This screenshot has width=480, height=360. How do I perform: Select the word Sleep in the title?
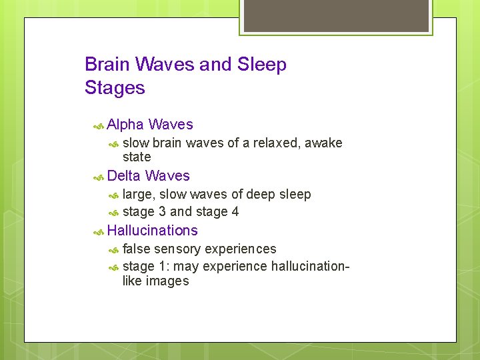coord(261,65)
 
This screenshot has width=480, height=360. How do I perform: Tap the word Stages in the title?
coord(115,87)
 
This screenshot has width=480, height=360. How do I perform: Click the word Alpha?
coord(125,125)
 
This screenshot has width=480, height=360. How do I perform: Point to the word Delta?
coord(124,176)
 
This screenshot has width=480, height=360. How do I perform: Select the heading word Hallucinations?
coord(152,231)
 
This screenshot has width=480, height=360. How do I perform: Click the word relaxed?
coord(275,143)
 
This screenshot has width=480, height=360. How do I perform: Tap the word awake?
coord(323,143)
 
